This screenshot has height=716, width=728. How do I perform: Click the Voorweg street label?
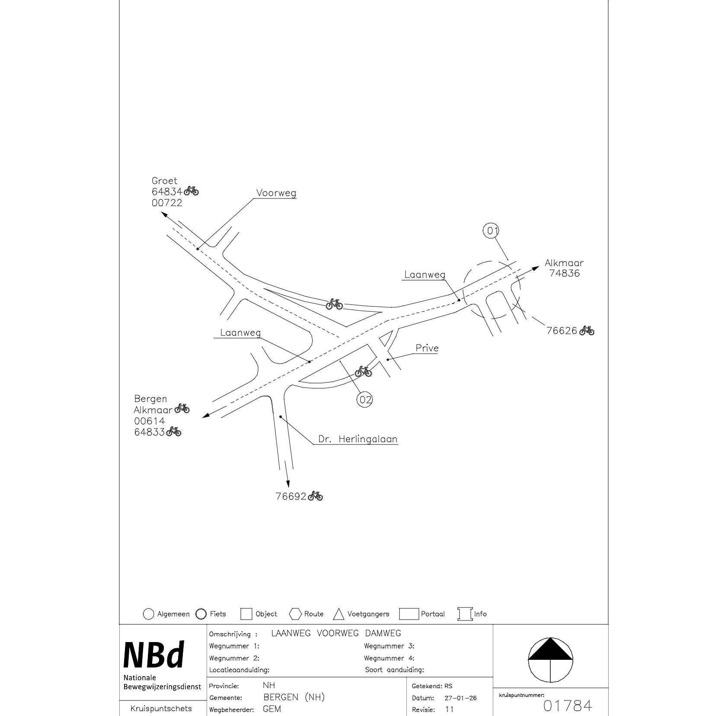pyautogui.click(x=276, y=193)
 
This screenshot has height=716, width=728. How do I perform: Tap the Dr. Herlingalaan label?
pyautogui.click(x=358, y=439)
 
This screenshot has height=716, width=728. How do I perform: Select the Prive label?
pyautogui.click(x=427, y=348)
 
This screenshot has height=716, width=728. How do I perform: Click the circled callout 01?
pyautogui.click(x=492, y=230)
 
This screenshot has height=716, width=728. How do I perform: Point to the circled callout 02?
pyautogui.click(x=365, y=400)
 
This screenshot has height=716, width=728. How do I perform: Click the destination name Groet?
pyautogui.click(x=164, y=181)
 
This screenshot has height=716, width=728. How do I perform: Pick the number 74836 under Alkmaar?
pyautogui.click(x=565, y=273)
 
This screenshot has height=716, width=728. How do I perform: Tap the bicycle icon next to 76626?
pyautogui.click(x=587, y=330)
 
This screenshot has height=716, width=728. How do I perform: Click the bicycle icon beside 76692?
pyautogui.click(x=316, y=496)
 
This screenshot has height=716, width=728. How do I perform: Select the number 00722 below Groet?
pyautogui.click(x=167, y=203)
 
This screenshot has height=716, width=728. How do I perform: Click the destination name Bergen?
pyautogui.click(x=150, y=399)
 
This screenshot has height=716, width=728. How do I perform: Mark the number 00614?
pyautogui.click(x=149, y=421)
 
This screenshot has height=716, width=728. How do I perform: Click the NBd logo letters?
pyautogui.click(x=154, y=655)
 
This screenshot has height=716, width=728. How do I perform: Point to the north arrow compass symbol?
pyautogui.click(x=550, y=659)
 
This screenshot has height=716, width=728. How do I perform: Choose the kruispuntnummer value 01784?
pyautogui.click(x=567, y=706)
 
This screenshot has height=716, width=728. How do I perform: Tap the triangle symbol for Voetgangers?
pyautogui.click(x=338, y=614)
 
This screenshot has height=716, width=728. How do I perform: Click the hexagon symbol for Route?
pyautogui.click(x=296, y=614)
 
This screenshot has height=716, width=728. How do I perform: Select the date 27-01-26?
pyautogui.click(x=460, y=698)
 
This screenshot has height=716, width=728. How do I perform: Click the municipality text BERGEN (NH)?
pyautogui.click(x=294, y=697)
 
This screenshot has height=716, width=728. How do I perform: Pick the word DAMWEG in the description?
pyautogui.click(x=383, y=633)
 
